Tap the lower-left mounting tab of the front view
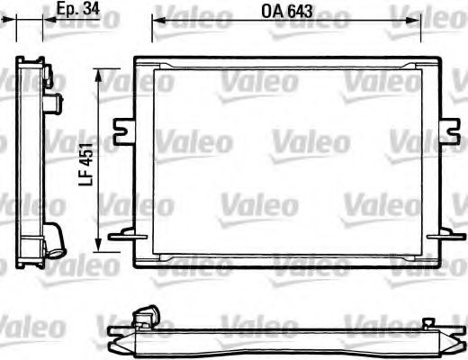[120, 236]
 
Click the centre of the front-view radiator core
[287, 166]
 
